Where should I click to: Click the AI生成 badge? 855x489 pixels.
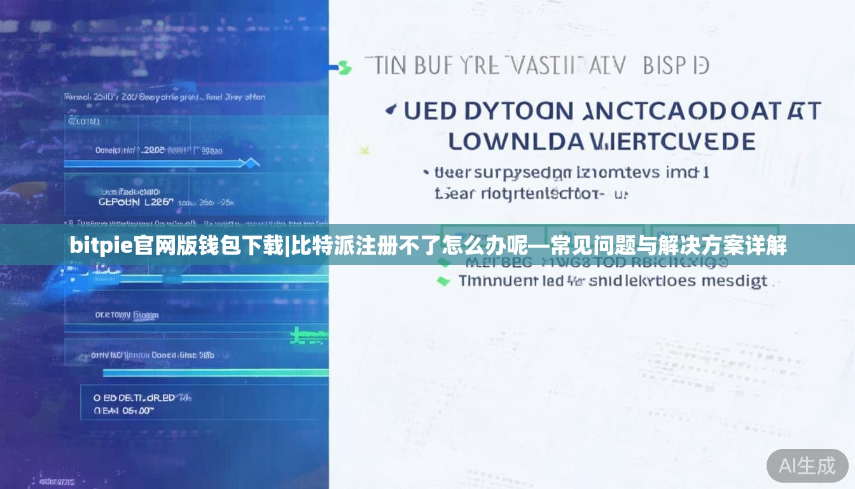807,465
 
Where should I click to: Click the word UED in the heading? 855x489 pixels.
430,111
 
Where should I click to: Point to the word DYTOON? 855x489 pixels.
518,111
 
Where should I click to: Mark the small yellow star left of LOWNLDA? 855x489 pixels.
365,150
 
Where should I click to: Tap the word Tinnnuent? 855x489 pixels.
497,281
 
